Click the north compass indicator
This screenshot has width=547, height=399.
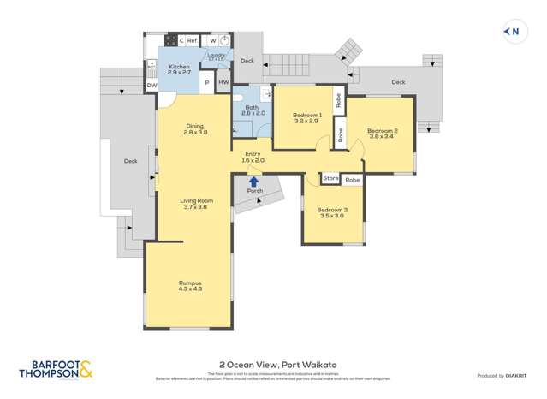[x=513, y=33]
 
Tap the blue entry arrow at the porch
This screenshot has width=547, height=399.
[x=253, y=181]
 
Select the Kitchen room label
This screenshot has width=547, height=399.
[x=179, y=67]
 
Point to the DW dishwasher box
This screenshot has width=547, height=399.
[x=152, y=86]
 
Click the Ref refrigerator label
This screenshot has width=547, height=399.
[x=193, y=39]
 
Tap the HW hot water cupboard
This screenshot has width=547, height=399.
[x=223, y=82]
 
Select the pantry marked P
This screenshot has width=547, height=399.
[x=205, y=82]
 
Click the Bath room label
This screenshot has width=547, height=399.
[x=253, y=108]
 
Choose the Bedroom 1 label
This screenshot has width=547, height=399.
[x=306, y=115]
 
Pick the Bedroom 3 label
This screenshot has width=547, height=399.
[x=331, y=210]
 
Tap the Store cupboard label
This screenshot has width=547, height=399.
[x=331, y=179]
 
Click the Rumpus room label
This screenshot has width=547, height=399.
[x=190, y=283]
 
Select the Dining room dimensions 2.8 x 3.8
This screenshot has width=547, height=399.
[x=196, y=133]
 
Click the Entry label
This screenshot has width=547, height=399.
[x=253, y=154]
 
